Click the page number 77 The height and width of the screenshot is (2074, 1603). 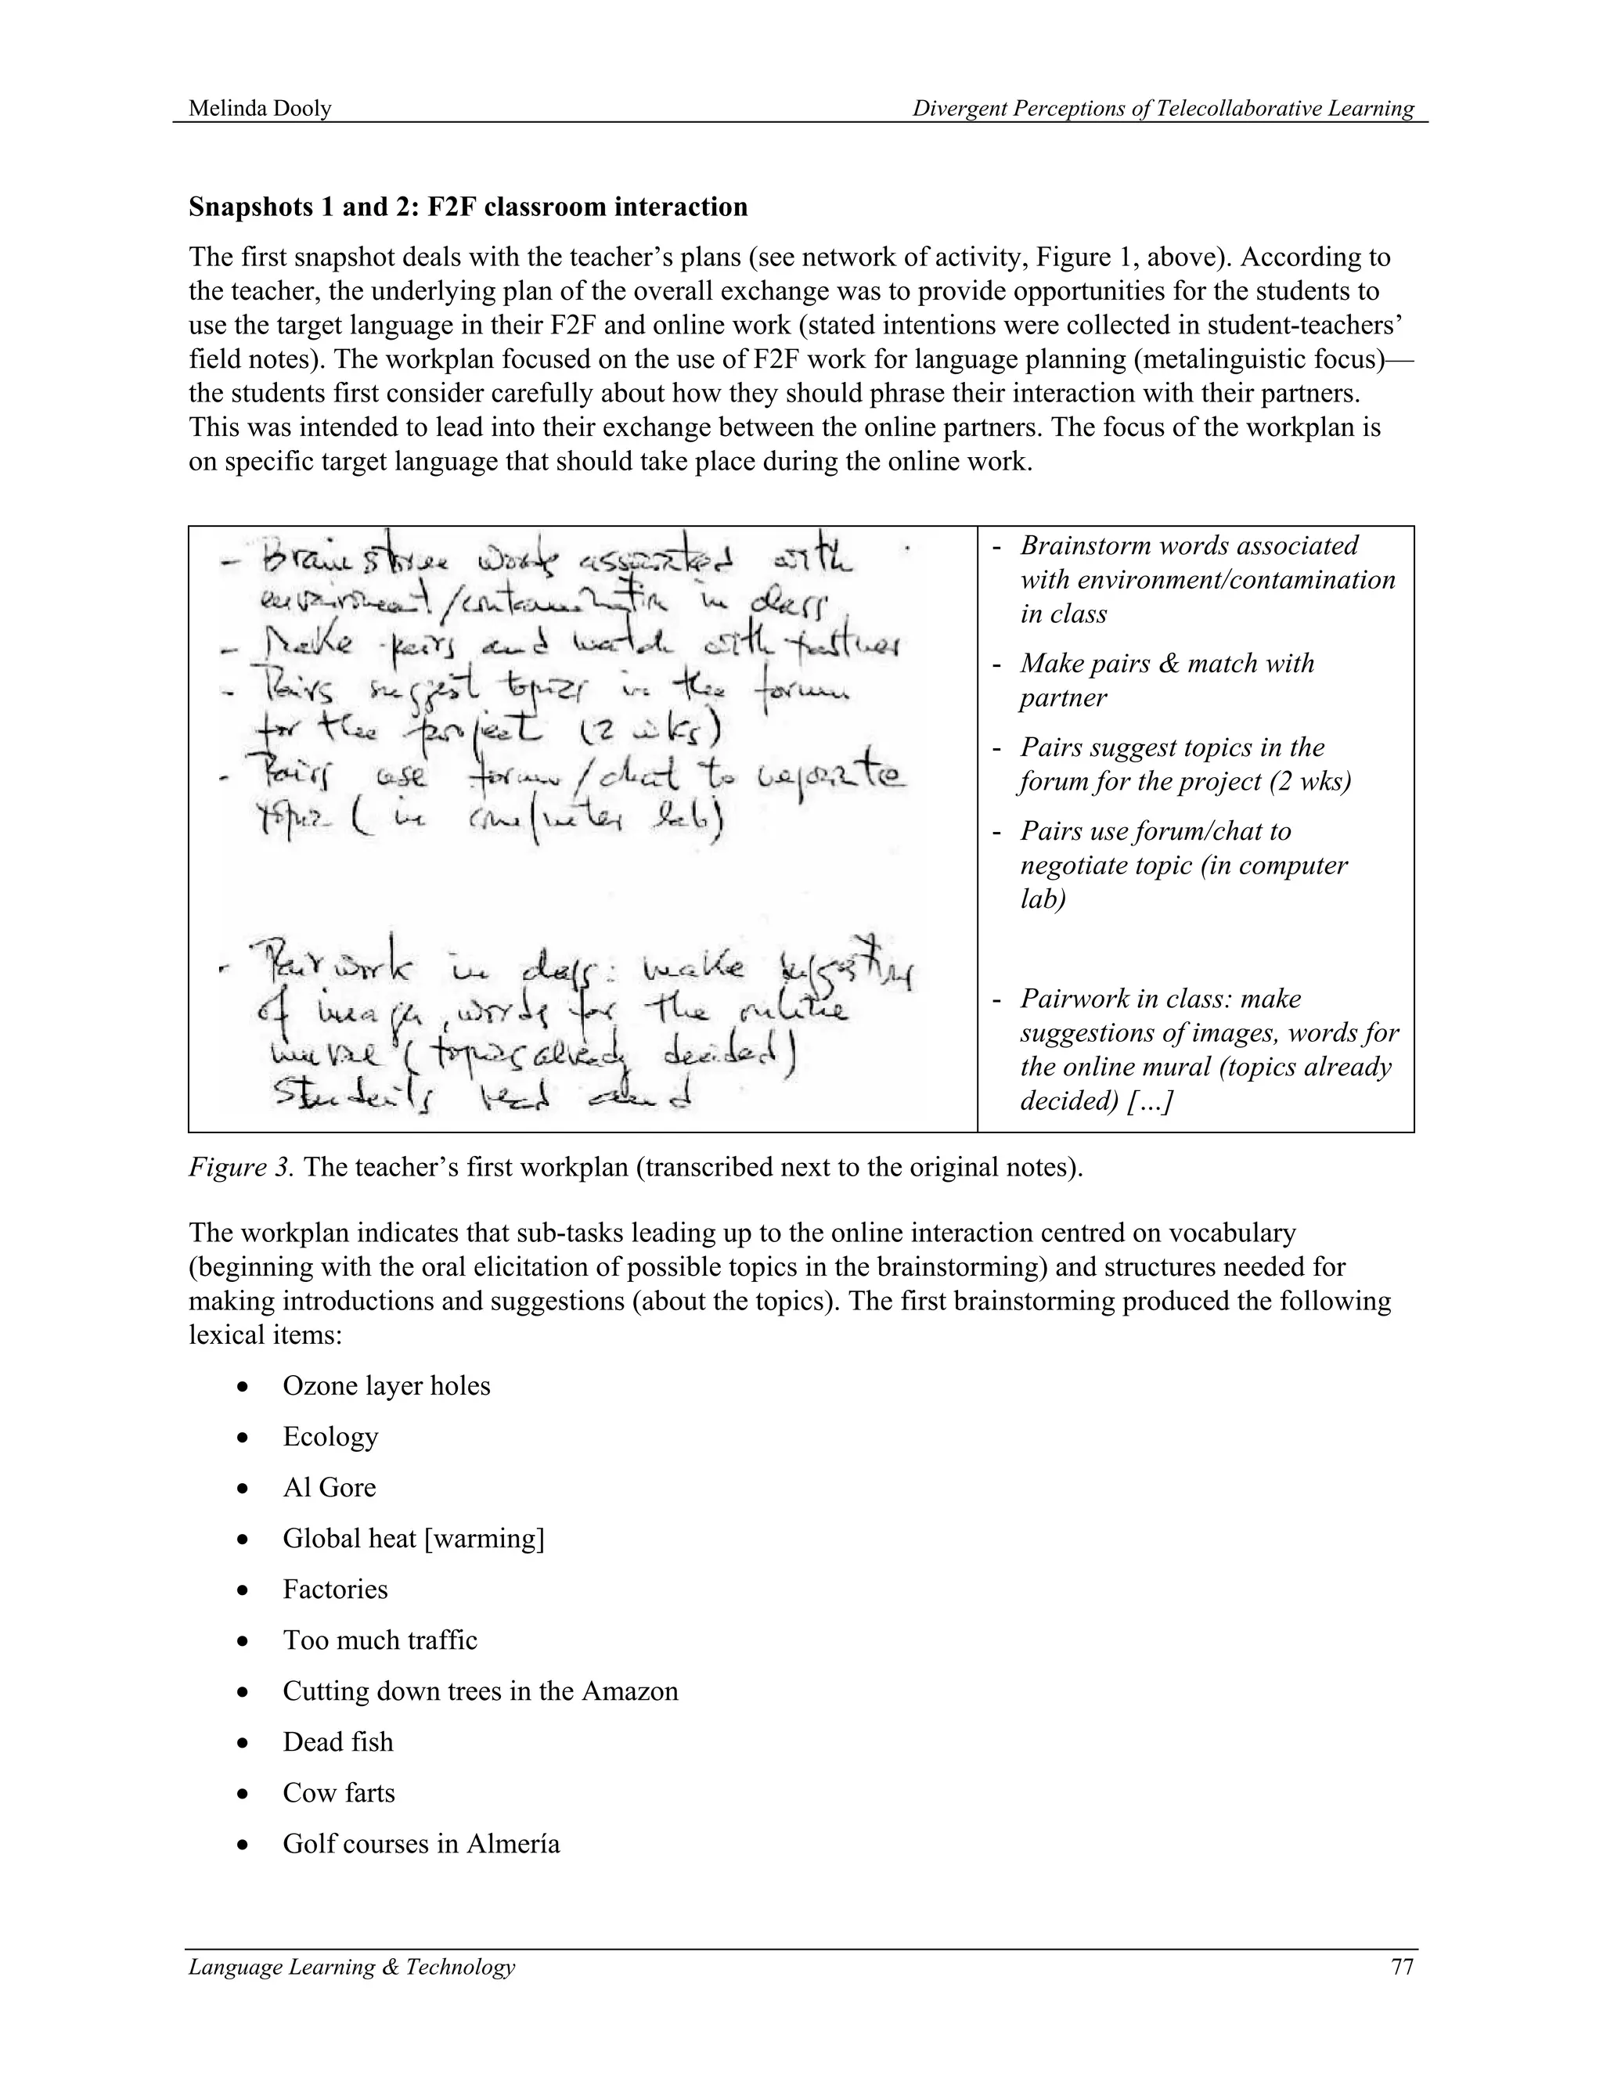tap(1402, 1966)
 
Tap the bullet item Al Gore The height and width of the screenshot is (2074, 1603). tap(329, 1487)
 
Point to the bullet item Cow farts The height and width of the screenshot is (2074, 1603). tap(338, 1793)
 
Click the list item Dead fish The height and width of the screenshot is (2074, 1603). tap(337, 1741)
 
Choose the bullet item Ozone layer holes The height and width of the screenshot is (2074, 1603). tap(386, 1385)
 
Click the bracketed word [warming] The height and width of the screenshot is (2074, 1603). tap(484, 1539)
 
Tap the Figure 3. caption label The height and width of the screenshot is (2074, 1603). tap(240, 1167)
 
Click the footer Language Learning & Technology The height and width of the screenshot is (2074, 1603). tap(351, 1966)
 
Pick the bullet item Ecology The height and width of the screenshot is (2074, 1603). tap(330, 1437)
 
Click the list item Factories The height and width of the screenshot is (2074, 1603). tap(334, 1590)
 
